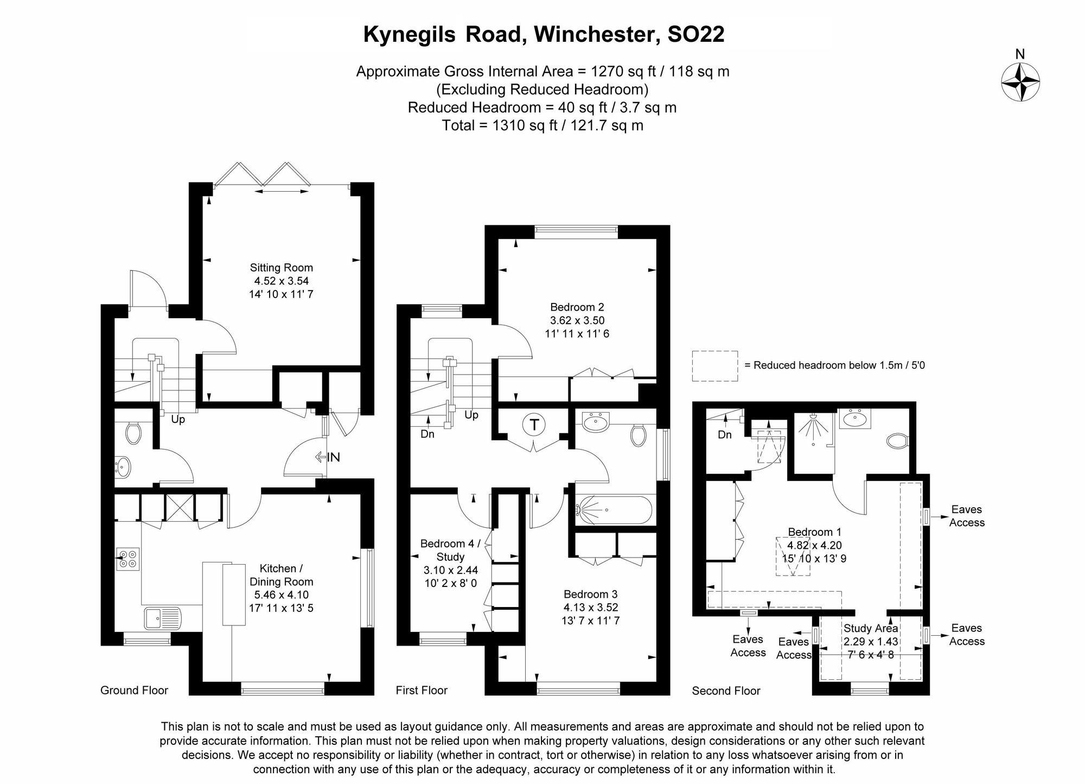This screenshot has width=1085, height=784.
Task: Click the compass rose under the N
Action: (1020, 82)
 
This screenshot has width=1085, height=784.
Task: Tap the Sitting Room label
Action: (281, 268)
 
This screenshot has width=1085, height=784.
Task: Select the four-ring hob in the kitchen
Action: (127, 559)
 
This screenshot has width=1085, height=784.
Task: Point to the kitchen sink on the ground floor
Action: (162, 618)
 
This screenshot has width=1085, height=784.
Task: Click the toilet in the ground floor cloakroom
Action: (133, 433)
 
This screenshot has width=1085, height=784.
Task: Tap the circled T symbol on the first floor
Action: (534, 425)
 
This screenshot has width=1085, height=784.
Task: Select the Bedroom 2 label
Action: (577, 307)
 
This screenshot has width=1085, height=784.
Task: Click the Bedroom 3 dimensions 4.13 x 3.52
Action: (590, 607)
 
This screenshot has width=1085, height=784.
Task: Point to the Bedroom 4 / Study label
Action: (450, 550)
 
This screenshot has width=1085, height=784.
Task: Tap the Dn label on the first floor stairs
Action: (427, 434)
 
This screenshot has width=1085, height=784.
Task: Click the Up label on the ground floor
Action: (178, 420)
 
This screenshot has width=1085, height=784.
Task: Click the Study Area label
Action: (870, 628)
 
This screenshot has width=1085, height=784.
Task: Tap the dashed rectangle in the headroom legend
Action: (714, 366)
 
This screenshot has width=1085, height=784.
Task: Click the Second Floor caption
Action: (726, 691)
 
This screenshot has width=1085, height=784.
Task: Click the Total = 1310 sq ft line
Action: (542, 125)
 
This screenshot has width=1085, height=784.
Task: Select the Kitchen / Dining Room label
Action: (281, 575)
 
